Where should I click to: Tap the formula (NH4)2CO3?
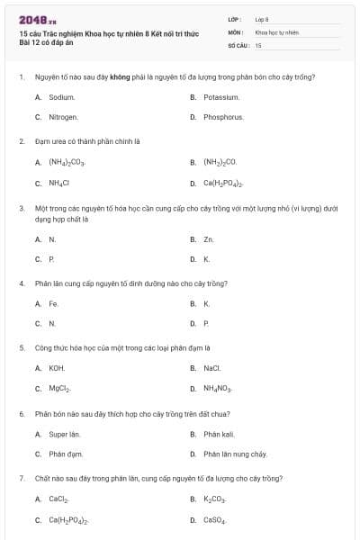click(x=66, y=163)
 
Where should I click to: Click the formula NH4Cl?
click(x=58, y=184)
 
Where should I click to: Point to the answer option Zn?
click(x=208, y=239)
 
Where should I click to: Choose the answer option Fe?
click(x=53, y=303)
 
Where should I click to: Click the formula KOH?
click(x=57, y=368)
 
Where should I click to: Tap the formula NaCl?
click(x=211, y=368)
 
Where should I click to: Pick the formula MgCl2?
click(x=59, y=389)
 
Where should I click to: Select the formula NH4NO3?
click(x=218, y=389)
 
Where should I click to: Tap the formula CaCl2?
click(x=58, y=499)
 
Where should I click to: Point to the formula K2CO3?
click(x=215, y=499)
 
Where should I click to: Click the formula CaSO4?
click(x=215, y=520)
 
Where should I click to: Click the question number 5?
click(x=22, y=346)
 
